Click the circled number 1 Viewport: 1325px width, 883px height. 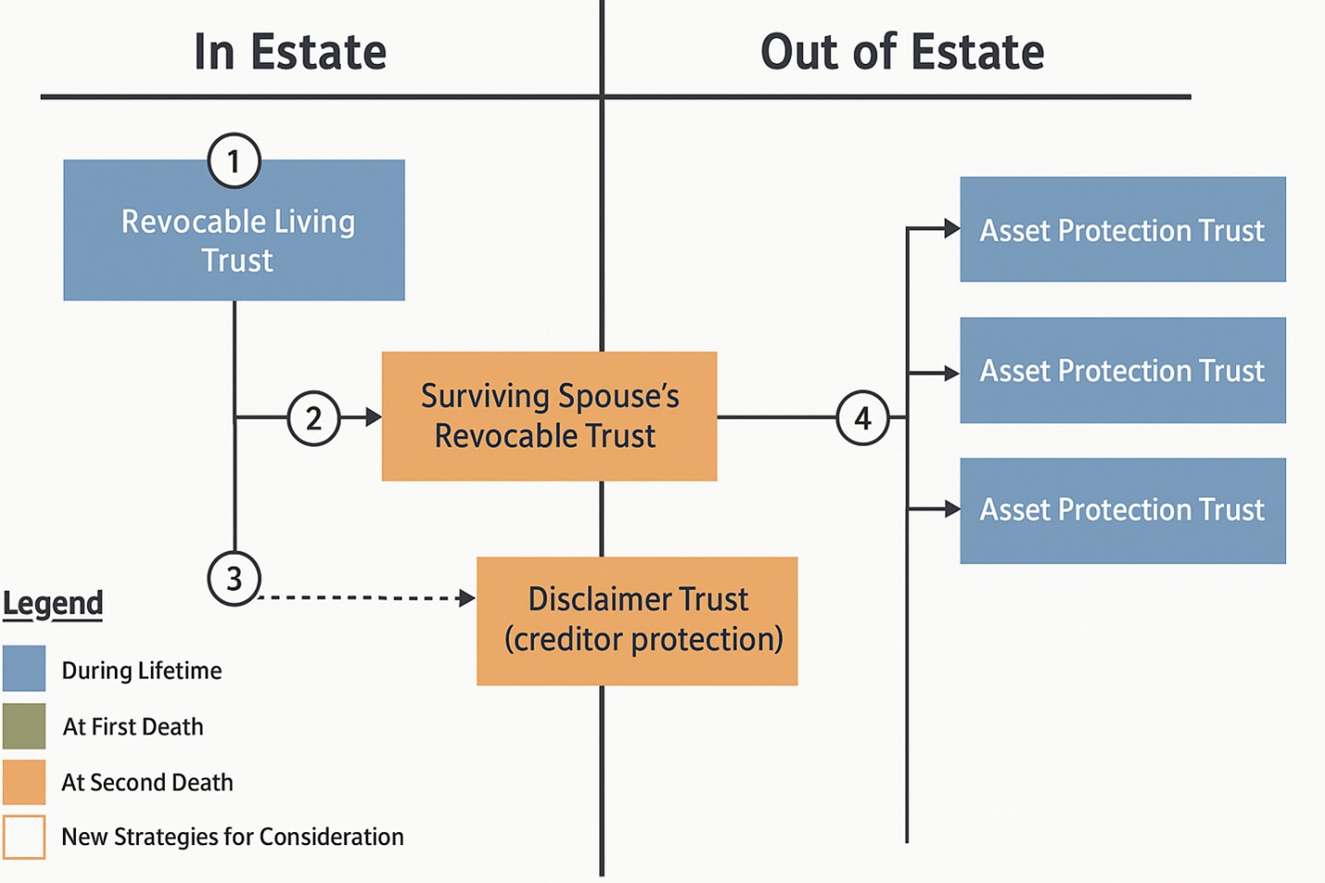click(233, 160)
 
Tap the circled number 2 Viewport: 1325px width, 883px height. click(313, 418)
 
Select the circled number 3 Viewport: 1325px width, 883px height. click(233, 578)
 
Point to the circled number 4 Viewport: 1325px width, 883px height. click(862, 418)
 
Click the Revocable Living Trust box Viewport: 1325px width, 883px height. click(233, 230)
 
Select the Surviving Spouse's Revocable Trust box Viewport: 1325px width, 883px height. click(549, 416)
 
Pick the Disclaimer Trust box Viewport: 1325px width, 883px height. click(637, 621)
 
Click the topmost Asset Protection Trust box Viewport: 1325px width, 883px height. click(1122, 229)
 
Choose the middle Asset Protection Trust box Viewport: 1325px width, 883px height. click(1122, 371)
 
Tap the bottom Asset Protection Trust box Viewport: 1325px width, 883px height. click(1122, 511)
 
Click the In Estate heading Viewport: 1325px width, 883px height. click(290, 52)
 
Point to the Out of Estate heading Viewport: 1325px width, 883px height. click(902, 52)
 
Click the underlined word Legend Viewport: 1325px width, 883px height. click(53, 603)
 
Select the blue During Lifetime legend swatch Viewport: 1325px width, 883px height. click(24, 669)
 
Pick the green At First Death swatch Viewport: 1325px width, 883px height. click(24, 725)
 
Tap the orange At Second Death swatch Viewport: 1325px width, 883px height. click(24, 782)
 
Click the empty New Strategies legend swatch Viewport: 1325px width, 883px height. click(24, 837)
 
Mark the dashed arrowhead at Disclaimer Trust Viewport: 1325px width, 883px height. click(467, 599)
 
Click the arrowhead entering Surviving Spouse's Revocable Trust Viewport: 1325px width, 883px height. click(373, 418)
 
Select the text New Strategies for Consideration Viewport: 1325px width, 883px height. click(233, 837)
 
